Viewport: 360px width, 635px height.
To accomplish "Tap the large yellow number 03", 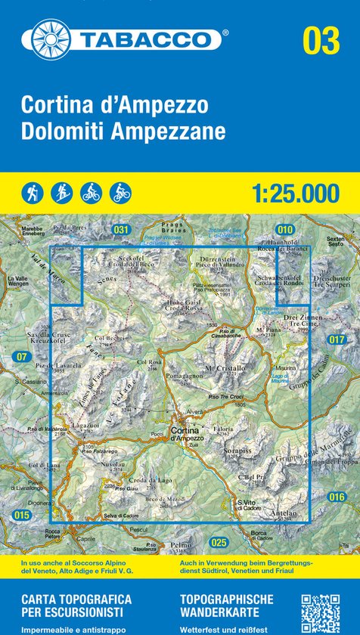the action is (321, 39).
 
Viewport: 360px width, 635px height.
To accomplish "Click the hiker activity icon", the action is (33, 193).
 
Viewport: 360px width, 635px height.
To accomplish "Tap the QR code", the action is (320, 613).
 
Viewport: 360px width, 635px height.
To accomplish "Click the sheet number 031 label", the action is (120, 229).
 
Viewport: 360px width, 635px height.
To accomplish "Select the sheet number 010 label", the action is (284, 229).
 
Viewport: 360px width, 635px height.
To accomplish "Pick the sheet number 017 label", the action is (337, 340).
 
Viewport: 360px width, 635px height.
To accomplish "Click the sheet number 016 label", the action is (337, 496).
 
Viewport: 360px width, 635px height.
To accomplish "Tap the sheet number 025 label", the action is (219, 542).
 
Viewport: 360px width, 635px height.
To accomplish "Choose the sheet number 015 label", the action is (21, 516).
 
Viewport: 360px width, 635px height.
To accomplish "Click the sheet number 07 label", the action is (20, 356).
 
